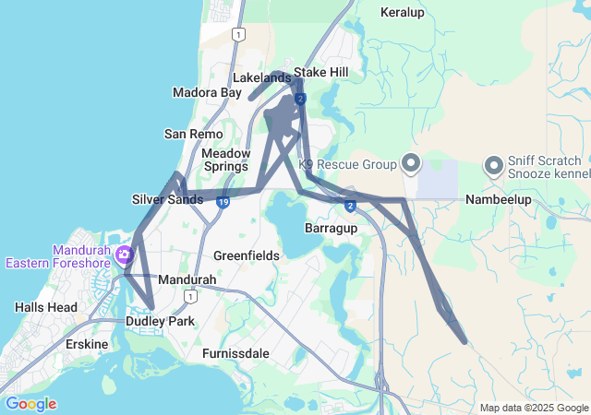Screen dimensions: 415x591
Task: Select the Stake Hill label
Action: coord(321,72)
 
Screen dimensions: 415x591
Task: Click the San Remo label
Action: coord(192,134)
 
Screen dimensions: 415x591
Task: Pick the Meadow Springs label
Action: coord(225,160)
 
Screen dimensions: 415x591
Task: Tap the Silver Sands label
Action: coord(167,199)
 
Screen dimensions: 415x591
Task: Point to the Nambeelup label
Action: coord(500,199)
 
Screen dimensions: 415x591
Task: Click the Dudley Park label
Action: coord(161,322)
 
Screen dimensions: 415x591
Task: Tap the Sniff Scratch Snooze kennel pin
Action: coord(493,165)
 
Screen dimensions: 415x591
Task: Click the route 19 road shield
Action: coord(223,202)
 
